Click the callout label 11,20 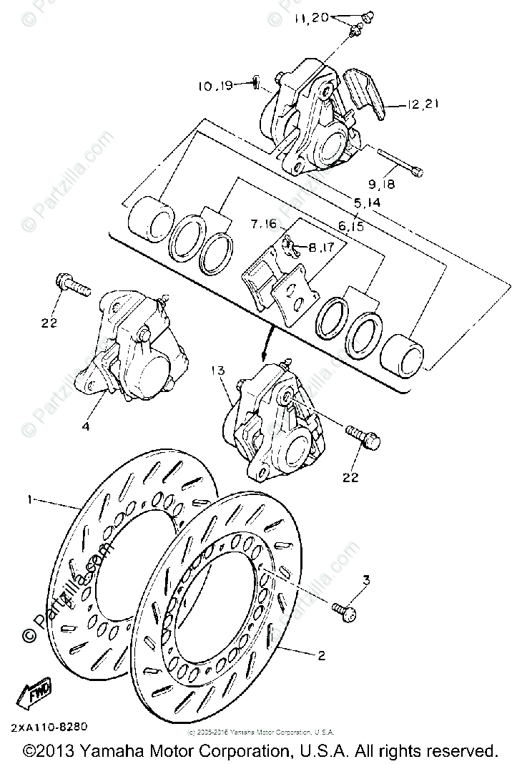tap(310, 18)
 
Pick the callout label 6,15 tap(352, 226)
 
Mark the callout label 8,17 tap(322, 250)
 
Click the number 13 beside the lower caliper tap(218, 371)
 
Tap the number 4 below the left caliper tap(85, 426)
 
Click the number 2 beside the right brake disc tap(321, 655)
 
